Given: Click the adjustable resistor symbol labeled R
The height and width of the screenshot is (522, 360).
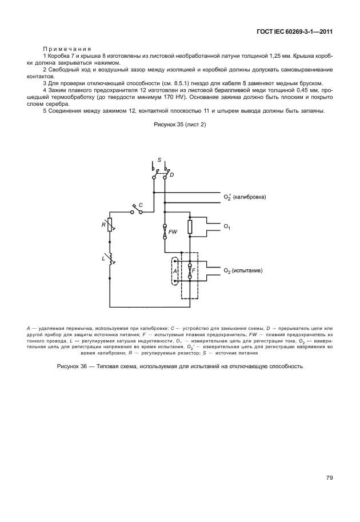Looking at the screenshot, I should pyautogui.click(x=110, y=225).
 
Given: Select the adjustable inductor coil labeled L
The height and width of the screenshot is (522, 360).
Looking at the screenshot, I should pyautogui.click(x=110, y=260).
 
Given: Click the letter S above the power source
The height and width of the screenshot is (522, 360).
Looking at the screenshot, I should pyautogui.click(x=159, y=161).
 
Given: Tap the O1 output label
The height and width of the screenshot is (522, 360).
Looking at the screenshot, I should pyautogui.click(x=227, y=228).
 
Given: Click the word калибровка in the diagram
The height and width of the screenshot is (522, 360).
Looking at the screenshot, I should pyautogui.click(x=250, y=197).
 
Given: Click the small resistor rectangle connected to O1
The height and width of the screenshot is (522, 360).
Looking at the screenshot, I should pyautogui.click(x=190, y=226).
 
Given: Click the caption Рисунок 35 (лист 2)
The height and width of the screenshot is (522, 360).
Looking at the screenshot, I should pyautogui.click(x=179, y=124).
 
